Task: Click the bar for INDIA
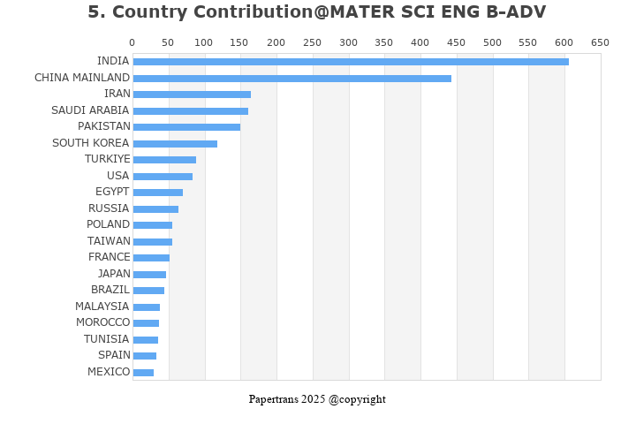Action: click(x=351, y=62)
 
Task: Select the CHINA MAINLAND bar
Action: click(x=291, y=79)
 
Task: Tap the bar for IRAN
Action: click(x=192, y=95)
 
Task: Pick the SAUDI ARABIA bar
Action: click(x=190, y=111)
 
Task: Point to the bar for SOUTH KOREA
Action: click(x=175, y=144)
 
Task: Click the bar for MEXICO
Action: click(x=143, y=373)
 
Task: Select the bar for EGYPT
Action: click(x=157, y=193)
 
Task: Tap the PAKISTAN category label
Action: click(x=103, y=126)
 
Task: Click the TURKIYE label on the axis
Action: click(x=107, y=159)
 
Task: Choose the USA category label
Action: click(x=117, y=176)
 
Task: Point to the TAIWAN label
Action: click(x=109, y=241)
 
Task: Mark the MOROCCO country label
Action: click(x=102, y=322)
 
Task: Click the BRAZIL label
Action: click(x=110, y=290)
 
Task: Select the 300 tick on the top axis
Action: click(x=348, y=42)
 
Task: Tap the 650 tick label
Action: click(x=600, y=42)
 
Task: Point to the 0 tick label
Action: click(x=132, y=42)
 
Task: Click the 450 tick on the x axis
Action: click(x=456, y=42)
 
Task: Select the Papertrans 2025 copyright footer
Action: click(x=317, y=399)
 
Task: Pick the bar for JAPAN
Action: click(x=149, y=275)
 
